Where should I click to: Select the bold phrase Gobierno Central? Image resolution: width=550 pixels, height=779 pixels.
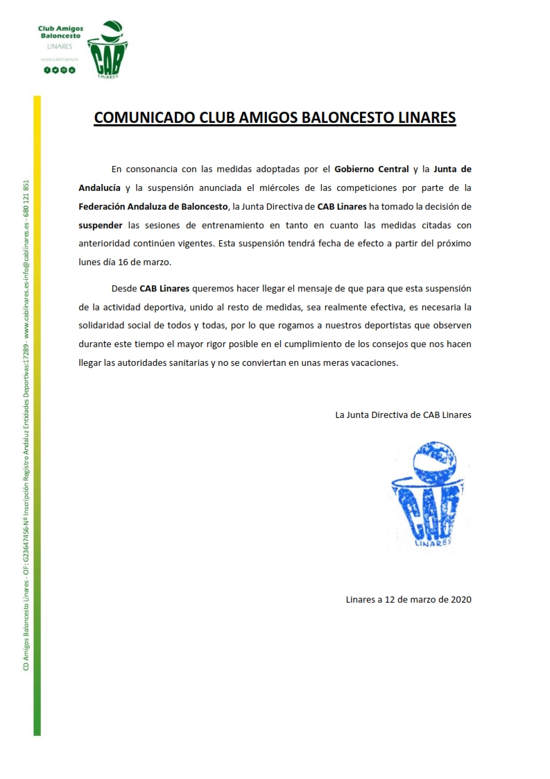(371, 169)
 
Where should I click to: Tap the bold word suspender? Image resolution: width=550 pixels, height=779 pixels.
(101, 226)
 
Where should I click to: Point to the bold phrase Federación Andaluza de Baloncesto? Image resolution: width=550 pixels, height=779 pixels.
(153, 206)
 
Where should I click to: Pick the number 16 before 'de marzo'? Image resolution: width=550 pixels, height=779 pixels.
(123, 263)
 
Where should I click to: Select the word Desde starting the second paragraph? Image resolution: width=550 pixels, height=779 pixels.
(124, 288)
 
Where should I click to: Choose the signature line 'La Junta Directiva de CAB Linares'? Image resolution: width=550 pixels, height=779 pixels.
(403, 414)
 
